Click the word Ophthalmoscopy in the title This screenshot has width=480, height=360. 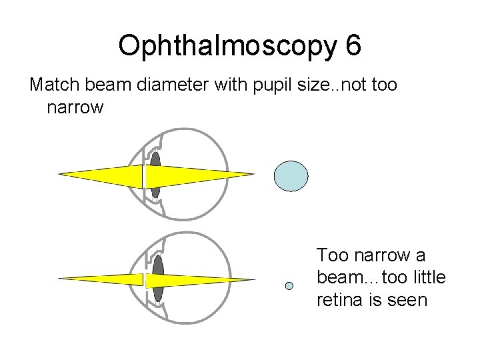228,47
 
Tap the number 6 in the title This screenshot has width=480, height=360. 353,45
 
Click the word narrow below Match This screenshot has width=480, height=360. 75,107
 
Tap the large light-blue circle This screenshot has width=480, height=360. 291,176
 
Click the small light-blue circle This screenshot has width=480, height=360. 289,286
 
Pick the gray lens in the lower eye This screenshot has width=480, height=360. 157,278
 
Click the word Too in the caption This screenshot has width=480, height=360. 331,255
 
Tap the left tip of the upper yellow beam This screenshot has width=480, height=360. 59,175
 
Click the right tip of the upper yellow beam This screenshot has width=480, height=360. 254,175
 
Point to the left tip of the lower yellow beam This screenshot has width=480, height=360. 59,278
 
